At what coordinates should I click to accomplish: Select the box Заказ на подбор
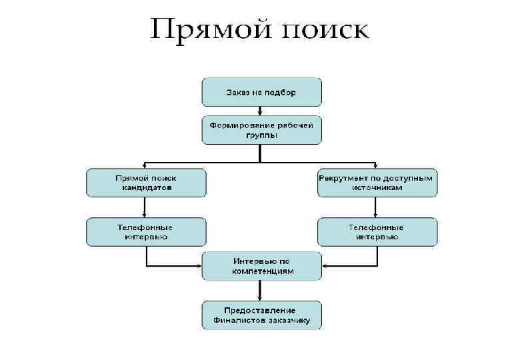(x=261, y=91)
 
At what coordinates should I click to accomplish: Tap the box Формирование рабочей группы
(x=261, y=130)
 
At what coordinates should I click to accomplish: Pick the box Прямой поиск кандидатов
(x=146, y=182)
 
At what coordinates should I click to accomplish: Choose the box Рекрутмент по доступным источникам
(x=377, y=182)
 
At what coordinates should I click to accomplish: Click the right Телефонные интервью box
(x=377, y=231)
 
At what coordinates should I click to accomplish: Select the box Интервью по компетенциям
(x=261, y=266)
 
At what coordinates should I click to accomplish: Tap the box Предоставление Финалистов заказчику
(x=261, y=315)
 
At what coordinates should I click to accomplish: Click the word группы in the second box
(x=261, y=135)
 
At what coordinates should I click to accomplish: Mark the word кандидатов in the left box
(x=146, y=187)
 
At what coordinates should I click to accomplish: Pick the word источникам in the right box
(x=377, y=187)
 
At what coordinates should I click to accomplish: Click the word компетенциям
(x=261, y=271)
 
